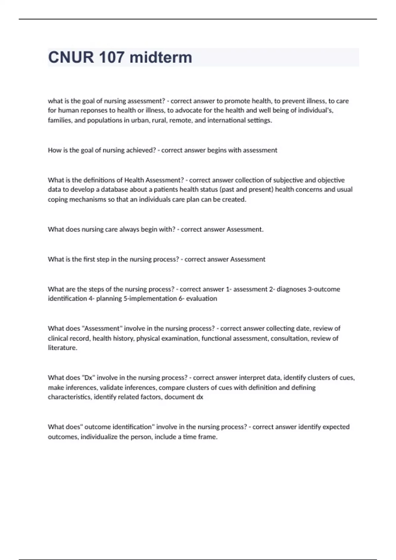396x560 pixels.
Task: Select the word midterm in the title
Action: pos(161,57)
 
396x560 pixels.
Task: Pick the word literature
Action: pos(62,348)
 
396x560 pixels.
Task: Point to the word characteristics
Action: pos(69,397)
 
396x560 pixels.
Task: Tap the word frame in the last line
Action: pos(208,437)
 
